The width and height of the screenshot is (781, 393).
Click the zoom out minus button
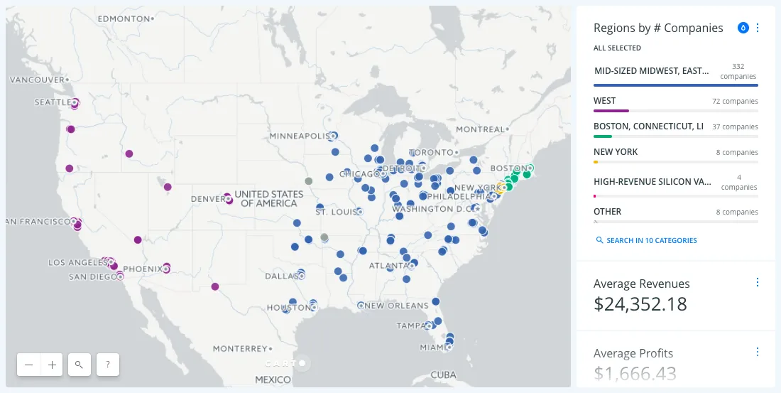coord(28,365)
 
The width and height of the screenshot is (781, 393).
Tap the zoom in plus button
coord(52,365)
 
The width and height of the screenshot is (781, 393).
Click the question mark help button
coord(107,365)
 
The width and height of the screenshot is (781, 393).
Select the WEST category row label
coord(605,101)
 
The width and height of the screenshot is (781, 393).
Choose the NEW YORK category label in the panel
coord(616,152)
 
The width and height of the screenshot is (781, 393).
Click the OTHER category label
coord(607,212)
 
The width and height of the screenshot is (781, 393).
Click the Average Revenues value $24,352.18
coord(640,304)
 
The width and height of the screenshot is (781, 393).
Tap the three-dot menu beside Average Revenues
coord(757,283)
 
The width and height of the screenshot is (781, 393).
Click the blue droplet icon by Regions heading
coord(743,28)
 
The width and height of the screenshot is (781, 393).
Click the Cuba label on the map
coord(444,375)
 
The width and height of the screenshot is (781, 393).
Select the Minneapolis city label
coord(297,136)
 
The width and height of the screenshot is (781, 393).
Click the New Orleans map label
coord(397,306)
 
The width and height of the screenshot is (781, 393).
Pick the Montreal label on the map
coord(479,129)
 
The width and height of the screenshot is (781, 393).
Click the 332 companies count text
coord(738,71)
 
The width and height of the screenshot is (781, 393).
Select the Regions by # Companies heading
coord(658,28)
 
